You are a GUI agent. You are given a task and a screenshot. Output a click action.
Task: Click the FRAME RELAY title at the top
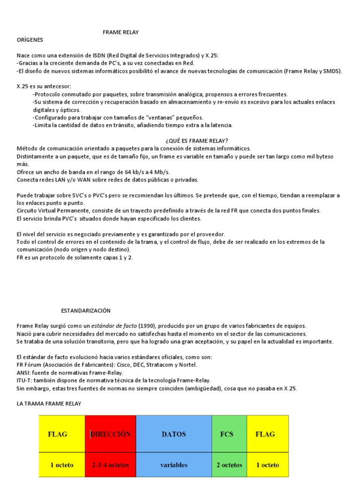121,32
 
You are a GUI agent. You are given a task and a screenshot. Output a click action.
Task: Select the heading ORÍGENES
30,39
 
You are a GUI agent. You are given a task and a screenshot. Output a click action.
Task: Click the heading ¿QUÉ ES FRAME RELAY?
197,141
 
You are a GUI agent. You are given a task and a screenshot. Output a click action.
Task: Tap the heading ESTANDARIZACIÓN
86,310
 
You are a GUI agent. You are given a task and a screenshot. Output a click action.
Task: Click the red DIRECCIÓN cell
111,434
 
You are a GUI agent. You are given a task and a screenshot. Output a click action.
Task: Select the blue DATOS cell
173,434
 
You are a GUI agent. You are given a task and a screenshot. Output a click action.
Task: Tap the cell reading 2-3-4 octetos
111,465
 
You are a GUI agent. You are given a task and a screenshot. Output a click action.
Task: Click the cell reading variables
173,465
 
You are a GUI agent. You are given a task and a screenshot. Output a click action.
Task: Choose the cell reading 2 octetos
229,465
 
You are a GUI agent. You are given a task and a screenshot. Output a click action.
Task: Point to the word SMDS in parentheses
332,71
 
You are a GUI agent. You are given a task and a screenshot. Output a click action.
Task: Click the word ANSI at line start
23,372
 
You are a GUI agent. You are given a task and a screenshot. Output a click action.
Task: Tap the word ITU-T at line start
24,380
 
